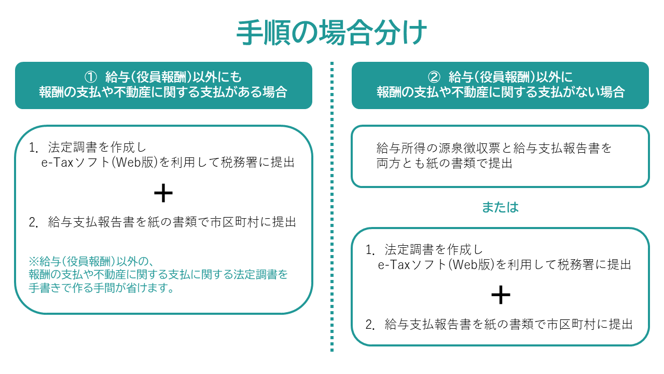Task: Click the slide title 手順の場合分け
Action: (332, 34)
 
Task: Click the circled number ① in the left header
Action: (91, 77)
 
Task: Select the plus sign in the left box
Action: (163, 193)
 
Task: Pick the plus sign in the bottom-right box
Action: (501, 295)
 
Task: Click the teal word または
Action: (500, 207)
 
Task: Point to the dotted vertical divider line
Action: (332, 208)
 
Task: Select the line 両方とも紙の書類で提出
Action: (445, 163)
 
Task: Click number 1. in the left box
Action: (34, 148)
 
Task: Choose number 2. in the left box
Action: (34, 222)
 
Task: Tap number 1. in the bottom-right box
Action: (370, 250)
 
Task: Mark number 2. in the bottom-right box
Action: (370, 325)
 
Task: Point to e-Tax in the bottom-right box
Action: (394, 264)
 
